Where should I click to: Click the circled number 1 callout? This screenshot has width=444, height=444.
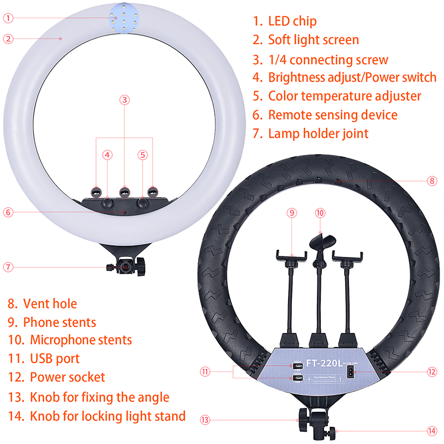click(x=8, y=18)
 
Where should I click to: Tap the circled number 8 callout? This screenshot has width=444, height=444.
click(x=432, y=180)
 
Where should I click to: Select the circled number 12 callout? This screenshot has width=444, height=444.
click(x=432, y=372)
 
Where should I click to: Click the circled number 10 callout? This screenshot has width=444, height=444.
click(x=319, y=213)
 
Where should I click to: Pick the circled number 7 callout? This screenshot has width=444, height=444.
click(x=8, y=266)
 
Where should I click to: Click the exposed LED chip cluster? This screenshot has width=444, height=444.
click(x=119, y=18)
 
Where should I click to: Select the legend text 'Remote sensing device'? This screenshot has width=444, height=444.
click(x=332, y=115)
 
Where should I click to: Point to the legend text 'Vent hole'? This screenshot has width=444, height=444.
click(x=50, y=304)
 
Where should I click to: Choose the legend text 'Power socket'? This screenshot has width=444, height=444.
click(x=67, y=378)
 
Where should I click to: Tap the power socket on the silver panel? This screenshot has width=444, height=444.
click(x=351, y=373)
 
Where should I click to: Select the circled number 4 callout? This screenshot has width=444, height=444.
click(x=107, y=155)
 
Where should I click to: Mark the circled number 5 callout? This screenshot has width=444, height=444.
click(x=143, y=155)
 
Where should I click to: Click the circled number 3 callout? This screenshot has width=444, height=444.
click(x=125, y=100)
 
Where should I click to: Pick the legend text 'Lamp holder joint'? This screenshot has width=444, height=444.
click(x=318, y=133)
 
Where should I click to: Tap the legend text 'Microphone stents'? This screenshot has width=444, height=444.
click(x=80, y=340)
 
